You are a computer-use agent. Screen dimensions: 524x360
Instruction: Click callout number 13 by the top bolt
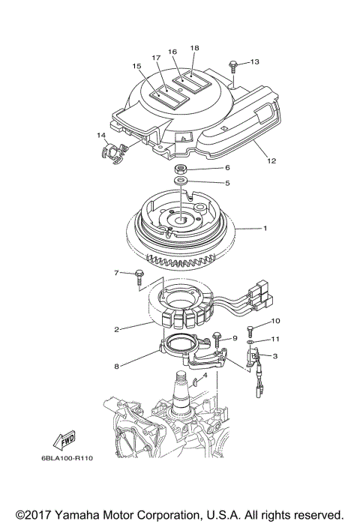pos(254,61)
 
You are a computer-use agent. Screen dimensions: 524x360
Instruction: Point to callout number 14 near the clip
pos(100,135)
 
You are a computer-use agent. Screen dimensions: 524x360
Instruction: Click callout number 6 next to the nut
pos(206,168)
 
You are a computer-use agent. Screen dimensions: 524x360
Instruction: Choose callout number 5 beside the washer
pos(206,182)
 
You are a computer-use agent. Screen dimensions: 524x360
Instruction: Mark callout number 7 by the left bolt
pos(116,272)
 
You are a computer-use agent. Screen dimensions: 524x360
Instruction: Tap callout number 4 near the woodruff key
pos(205,374)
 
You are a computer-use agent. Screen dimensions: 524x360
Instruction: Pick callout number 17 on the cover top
pos(156,58)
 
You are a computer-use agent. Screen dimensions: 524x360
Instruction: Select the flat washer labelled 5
pos(181,182)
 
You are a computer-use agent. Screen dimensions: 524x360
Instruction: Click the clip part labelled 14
pos(111,150)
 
